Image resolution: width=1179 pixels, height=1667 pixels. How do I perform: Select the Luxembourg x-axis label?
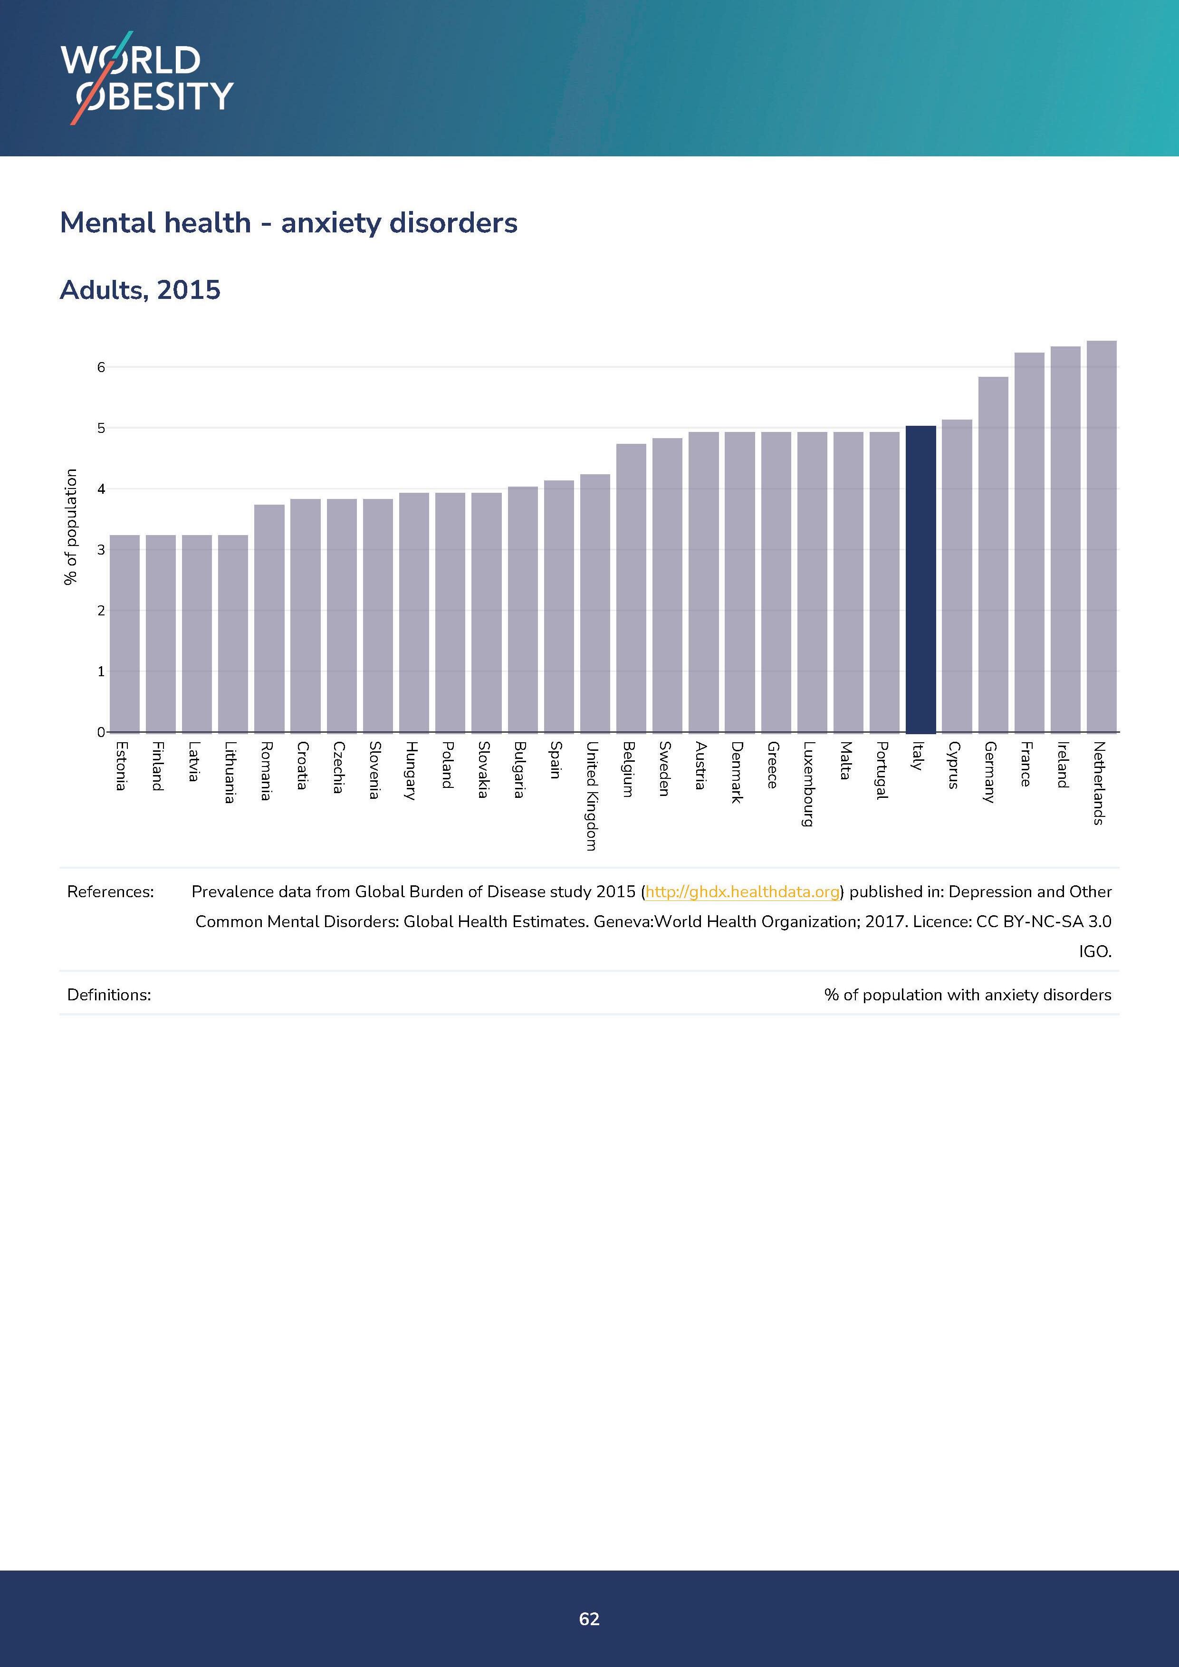pyautogui.click(x=808, y=784)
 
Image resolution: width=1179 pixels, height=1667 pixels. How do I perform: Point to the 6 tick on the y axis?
pyautogui.click(x=101, y=367)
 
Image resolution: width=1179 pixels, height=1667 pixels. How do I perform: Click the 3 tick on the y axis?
pyautogui.click(x=101, y=550)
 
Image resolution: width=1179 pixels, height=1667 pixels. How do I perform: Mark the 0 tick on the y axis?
pyautogui.click(x=101, y=732)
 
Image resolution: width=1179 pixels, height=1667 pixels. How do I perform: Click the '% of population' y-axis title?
pyautogui.click(x=70, y=527)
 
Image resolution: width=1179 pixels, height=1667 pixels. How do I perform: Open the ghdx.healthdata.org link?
pyautogui.click(x=742, y=891)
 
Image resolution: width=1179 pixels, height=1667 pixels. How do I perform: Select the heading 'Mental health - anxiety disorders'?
pyautogui.click(x=288, y=223)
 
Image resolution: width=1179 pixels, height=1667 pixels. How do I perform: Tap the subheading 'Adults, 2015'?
pyautogui.click(x=140, y=290)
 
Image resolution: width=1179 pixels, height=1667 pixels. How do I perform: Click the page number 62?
pyautogui.click(x=589, y=1619)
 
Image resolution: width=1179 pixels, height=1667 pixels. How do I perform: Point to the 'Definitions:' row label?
pyautogui.click(x=109, y=995)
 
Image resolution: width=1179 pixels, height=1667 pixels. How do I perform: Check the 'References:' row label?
pyautogui.click(x=110, y=891)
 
